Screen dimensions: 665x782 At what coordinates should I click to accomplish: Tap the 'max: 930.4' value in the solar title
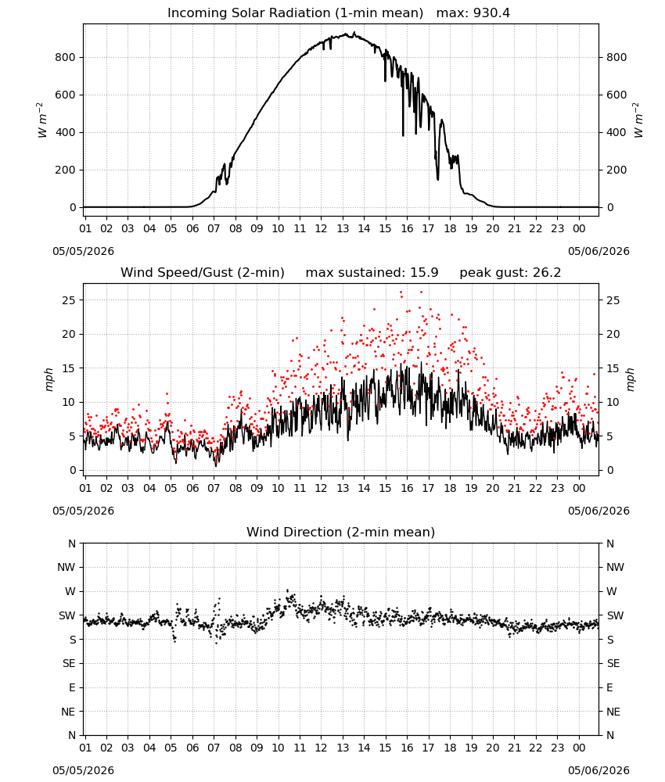tap(473, 13)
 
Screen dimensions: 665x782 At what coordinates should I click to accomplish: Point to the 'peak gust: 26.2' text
tap(510, 273)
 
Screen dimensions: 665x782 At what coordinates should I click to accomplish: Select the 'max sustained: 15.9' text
tap(372, 273)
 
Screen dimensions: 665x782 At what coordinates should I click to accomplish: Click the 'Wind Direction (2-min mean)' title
tap(341, 532)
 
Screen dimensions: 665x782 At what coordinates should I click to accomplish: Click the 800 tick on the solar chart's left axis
tap(65, 57)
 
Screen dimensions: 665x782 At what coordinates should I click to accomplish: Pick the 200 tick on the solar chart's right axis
tap(616, 170)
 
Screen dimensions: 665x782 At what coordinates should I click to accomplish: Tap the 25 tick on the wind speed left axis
tap(69, 300)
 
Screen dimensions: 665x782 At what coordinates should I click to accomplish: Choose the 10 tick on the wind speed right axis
tap(613, 402)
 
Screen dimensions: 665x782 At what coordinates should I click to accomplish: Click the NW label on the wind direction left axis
tap(66, 567)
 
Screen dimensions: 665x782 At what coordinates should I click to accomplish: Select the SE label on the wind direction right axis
tap(613, 663)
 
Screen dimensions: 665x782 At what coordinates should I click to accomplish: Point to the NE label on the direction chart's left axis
tap(68, 712)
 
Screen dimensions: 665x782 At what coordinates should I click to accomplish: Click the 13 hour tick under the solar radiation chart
tap(343, 228)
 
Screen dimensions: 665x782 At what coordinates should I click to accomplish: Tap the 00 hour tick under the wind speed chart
tap(579, 488)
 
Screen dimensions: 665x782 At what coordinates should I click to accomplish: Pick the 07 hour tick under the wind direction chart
tap(214, 748)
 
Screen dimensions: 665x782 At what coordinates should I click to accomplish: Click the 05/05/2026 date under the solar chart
tap(83, 251)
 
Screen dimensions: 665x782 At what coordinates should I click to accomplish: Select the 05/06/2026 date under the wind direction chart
tap(598, 770)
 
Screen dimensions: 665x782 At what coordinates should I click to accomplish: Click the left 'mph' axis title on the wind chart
tap(49, 379)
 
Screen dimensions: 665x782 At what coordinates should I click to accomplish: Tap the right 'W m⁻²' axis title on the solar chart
tap(638, 120)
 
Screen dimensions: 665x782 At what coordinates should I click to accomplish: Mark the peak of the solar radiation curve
tap(354, 33)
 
